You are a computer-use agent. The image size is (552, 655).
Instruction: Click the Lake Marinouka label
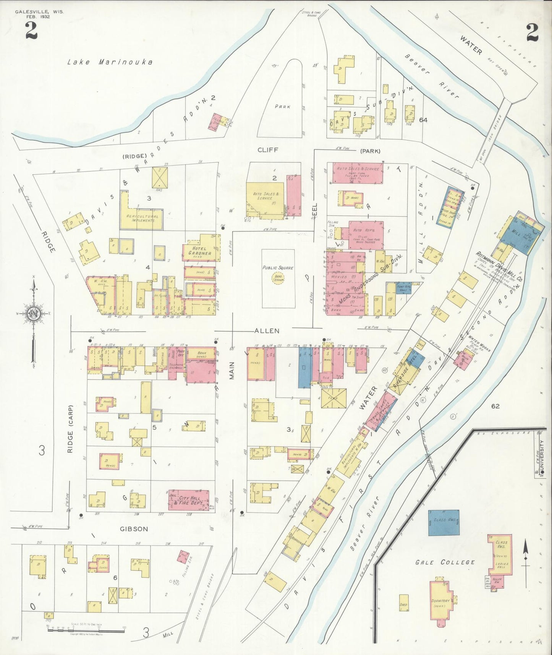pos(110,62)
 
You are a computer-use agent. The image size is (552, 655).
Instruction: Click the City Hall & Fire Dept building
pos(189,500)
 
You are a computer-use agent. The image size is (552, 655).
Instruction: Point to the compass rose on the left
pos(34,314)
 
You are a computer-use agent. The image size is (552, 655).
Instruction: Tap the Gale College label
pos(445,562)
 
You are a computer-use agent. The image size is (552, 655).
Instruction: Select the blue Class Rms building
pos(444,522)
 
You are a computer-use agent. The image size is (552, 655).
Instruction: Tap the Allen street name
pos(267,331)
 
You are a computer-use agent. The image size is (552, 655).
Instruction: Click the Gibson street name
pos(134,529)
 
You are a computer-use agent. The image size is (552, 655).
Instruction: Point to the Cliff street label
pos(267,150)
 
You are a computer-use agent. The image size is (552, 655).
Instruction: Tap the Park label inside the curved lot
pos(283,106)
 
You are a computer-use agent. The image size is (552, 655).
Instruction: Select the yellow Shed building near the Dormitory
pos(403,605)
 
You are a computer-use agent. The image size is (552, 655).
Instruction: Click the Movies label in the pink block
pos(339,277)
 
